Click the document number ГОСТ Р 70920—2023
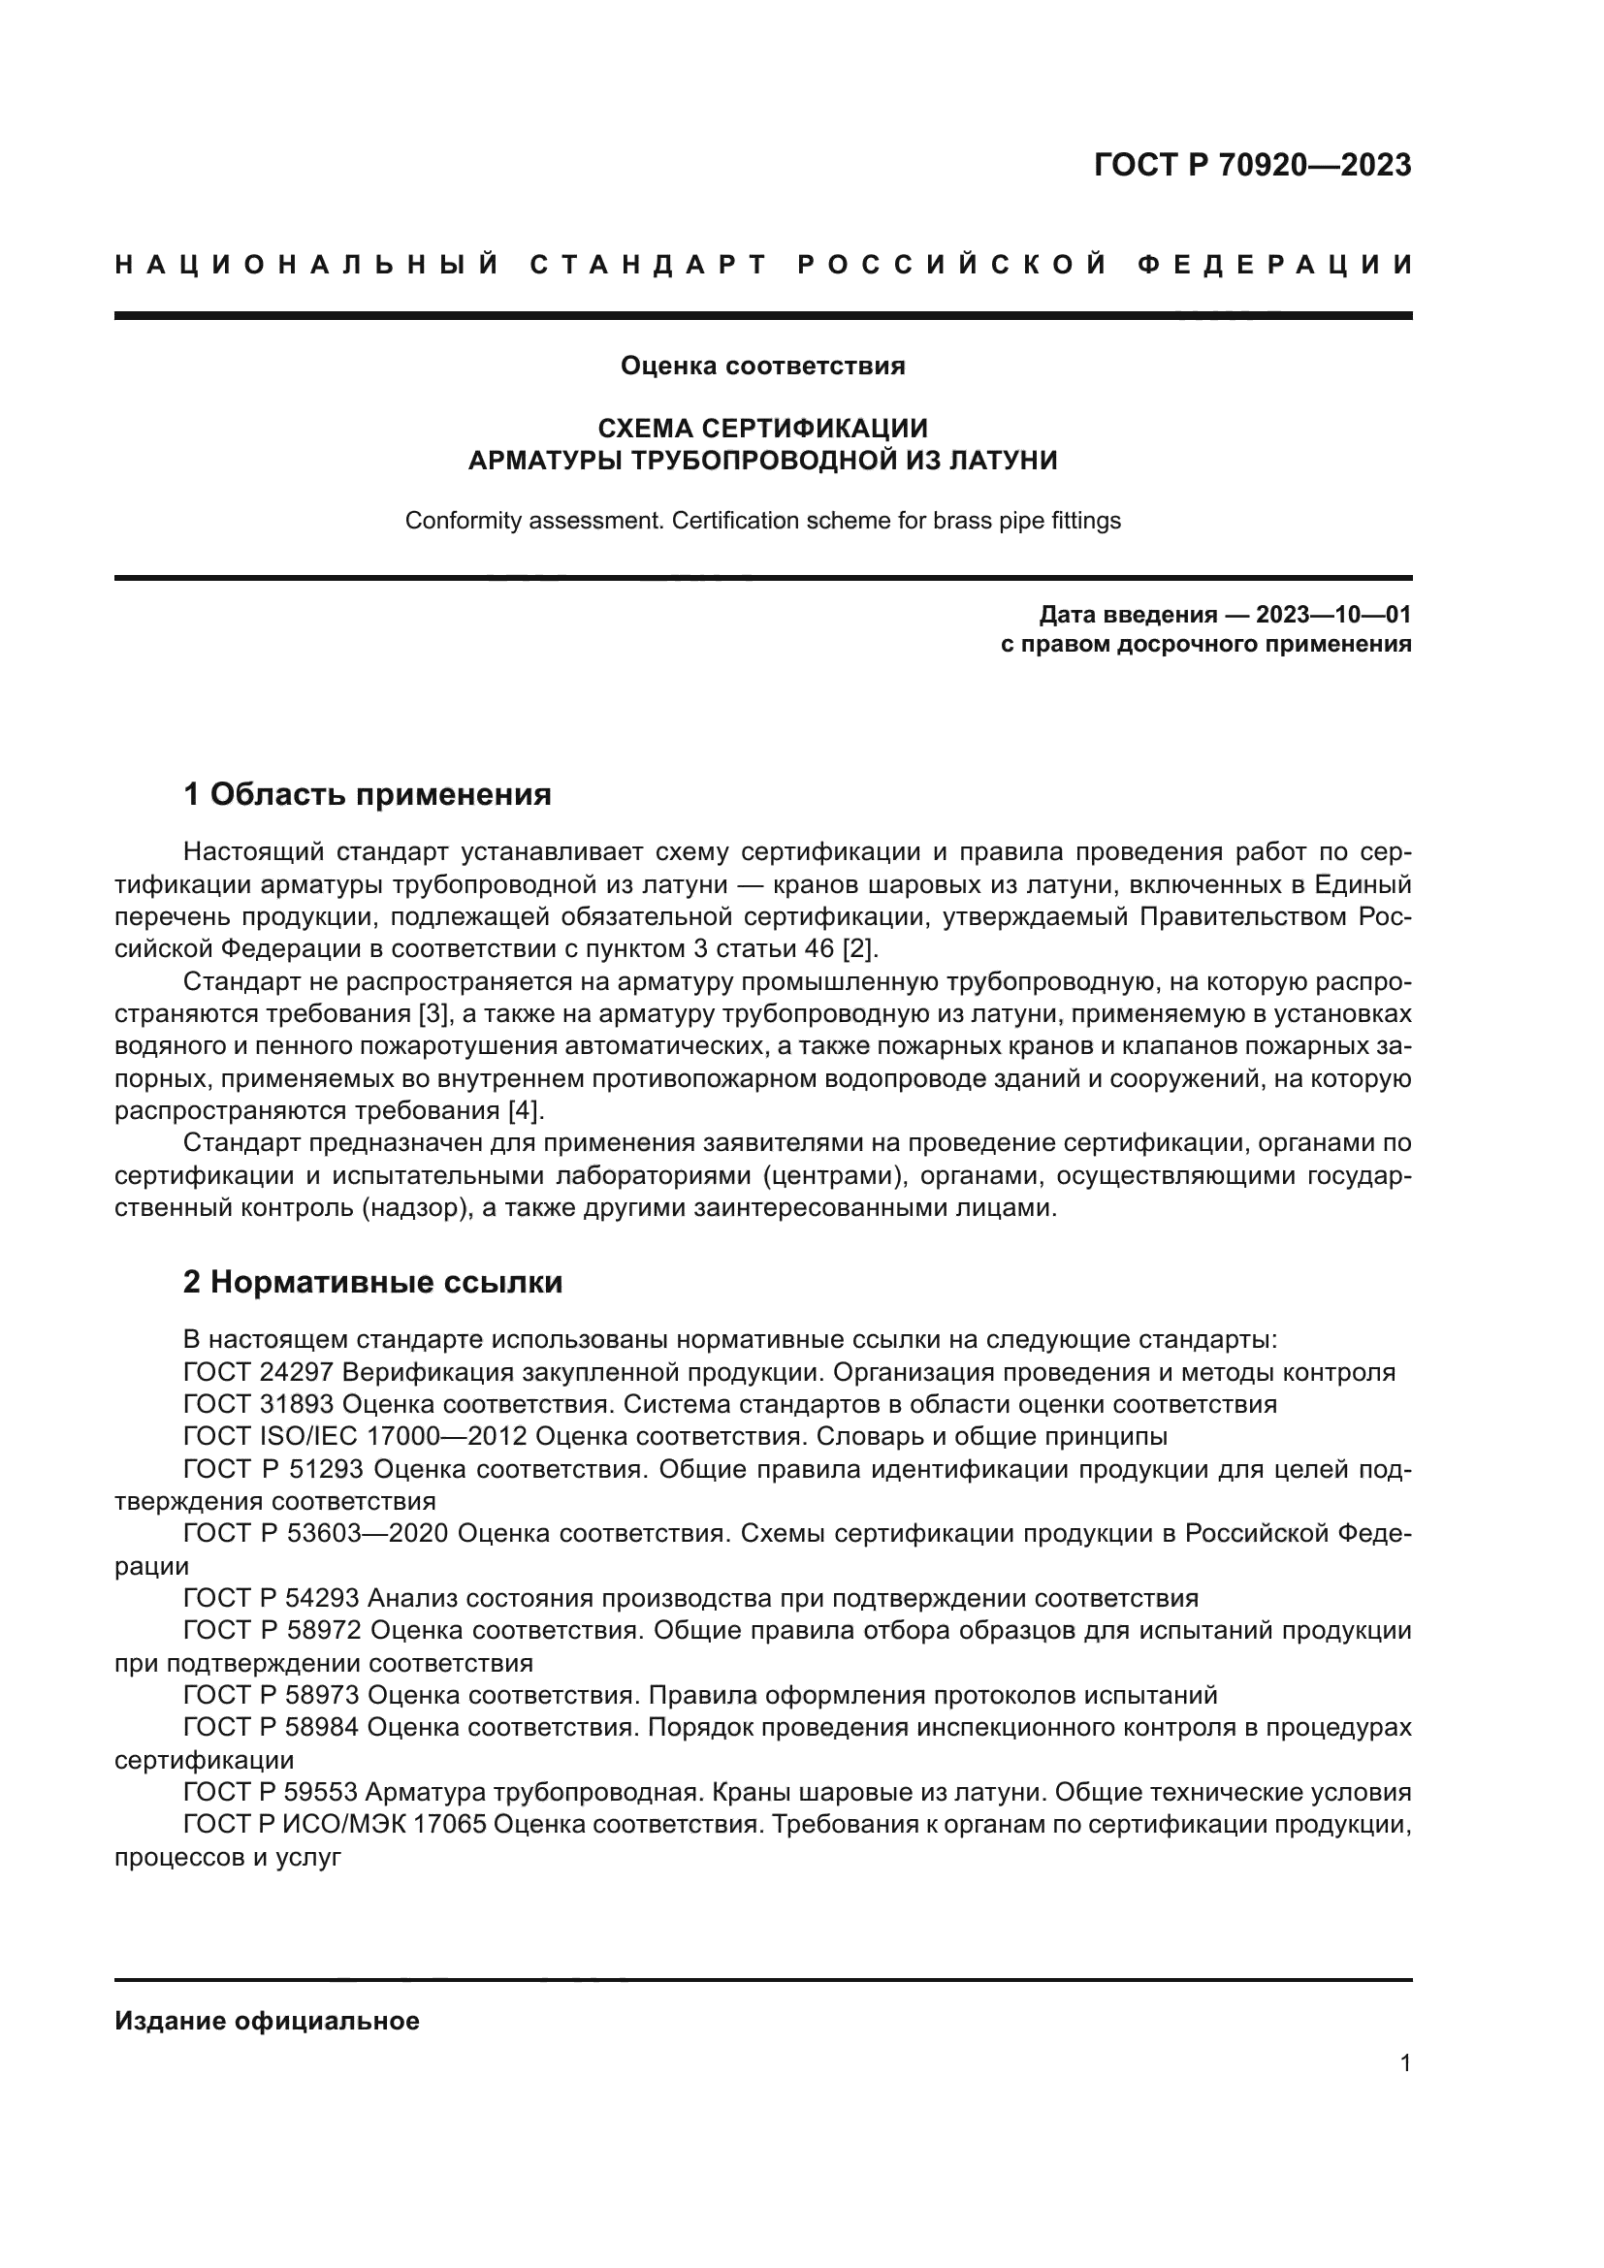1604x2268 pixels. coord(1251,165)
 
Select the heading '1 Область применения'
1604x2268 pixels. coord(367,794)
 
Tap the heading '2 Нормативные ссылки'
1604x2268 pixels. coord(372,1282)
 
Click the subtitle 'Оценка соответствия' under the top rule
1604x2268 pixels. coord(762,367)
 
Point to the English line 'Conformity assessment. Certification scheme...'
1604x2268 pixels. coord(762,521)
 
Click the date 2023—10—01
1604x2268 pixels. coord(1332,616)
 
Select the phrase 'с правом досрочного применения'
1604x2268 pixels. coord(1205,645)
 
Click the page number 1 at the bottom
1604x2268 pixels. coord(1404,2063)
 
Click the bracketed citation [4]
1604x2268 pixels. coord(524,1111)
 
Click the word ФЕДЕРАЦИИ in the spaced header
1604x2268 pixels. coord(1274,265)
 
